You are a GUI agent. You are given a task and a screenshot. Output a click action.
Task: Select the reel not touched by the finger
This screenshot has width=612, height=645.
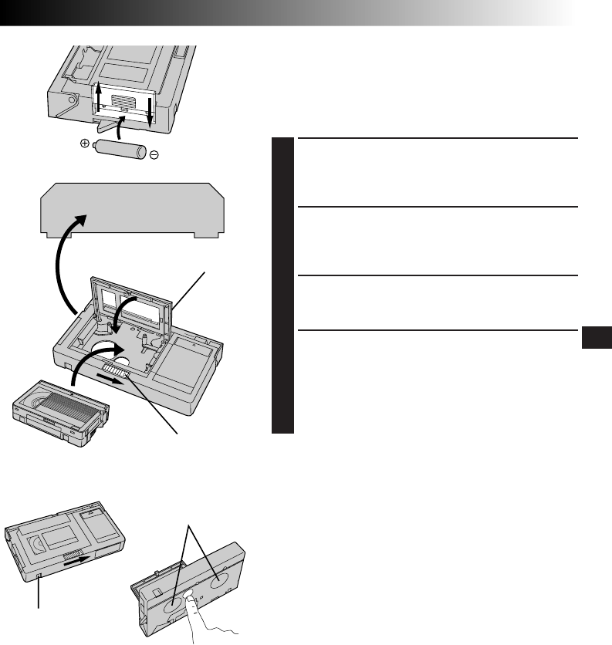[221, 576]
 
